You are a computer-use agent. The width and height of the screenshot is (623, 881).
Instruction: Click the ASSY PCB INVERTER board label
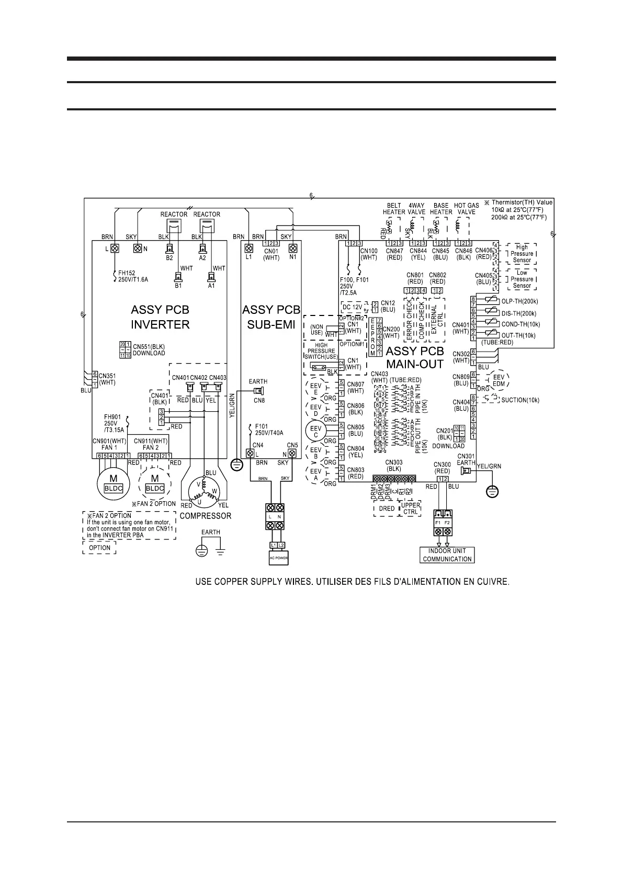coord(160,317)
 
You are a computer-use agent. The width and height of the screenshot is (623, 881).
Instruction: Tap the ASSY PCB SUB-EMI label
coord(271,317)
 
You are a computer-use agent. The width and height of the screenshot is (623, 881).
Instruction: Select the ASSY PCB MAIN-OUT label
coord(414,357)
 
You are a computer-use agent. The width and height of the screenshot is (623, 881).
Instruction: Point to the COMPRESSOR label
coord(205,516)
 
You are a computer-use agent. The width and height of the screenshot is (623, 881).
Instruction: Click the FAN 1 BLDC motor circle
coord(114,483)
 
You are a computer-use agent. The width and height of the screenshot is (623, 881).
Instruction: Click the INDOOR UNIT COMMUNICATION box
coord(447,555)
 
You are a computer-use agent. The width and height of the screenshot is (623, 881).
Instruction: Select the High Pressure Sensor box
coord(522,254)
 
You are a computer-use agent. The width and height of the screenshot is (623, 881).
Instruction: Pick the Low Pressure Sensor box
coord(522,279)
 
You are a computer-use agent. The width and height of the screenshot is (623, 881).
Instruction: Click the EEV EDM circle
coord(499,380)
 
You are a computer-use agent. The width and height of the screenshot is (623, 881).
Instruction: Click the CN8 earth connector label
coord(259,400)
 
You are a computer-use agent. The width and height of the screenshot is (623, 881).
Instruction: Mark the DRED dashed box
coord(387,509)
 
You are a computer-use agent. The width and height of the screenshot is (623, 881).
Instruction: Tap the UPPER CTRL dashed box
coord(410,509)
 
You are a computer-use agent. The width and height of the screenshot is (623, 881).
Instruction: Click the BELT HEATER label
coord(393,209)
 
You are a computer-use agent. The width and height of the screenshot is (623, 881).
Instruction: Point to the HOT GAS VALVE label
coord(466,209)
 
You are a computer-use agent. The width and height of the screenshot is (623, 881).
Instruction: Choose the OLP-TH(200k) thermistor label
coord(519,301)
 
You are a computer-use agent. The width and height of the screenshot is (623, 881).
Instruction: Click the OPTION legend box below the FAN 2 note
coord(99,548)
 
